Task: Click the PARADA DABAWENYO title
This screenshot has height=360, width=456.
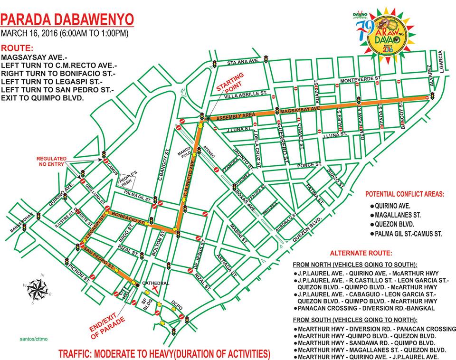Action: (x=67, y=20)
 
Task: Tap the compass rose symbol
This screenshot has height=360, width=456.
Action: (x=36, y=288)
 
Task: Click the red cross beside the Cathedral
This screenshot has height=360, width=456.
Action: (x=155, y=289)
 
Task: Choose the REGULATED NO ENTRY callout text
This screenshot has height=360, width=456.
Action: (x=54, y=161)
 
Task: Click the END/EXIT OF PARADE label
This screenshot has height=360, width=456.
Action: (x=106, y=324)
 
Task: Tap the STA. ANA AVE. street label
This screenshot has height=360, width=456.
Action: (x=242, y=62)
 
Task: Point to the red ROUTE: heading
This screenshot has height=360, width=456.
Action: (x=18, y=48)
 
